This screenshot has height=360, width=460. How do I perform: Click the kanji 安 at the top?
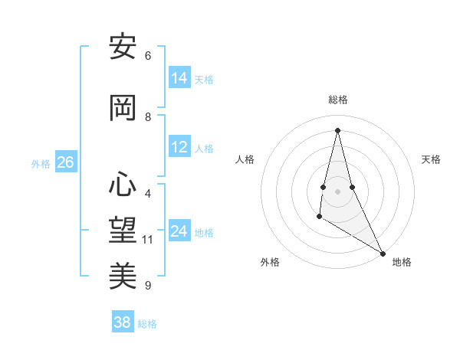(123, 47)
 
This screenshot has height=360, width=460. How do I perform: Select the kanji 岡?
(123, 109)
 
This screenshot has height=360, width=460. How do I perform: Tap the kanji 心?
(123, 185)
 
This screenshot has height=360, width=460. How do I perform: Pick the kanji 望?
(123, 231)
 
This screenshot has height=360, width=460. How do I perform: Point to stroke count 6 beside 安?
(147, 56)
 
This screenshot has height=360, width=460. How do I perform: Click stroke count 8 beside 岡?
(147, 117)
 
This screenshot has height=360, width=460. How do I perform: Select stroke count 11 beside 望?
(148, 240)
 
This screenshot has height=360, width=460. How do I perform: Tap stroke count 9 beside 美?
(147, 286)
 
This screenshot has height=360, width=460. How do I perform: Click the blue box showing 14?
(179, 78)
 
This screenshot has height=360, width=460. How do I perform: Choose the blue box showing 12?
(179, 147)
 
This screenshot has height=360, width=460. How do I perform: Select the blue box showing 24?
(179, 231)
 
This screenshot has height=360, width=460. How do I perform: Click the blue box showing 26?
(65, 162)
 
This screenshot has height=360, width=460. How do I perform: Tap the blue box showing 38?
(122, 322)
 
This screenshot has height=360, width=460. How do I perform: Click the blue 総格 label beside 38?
(147, 324)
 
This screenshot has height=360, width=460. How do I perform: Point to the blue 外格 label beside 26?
(41, 164)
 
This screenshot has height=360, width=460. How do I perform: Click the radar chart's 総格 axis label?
(337, 100)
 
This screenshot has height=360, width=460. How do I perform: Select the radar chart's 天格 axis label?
(431, 159)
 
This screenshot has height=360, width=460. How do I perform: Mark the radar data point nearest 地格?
(383, 253)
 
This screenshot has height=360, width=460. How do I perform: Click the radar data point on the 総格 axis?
(337, 130)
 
